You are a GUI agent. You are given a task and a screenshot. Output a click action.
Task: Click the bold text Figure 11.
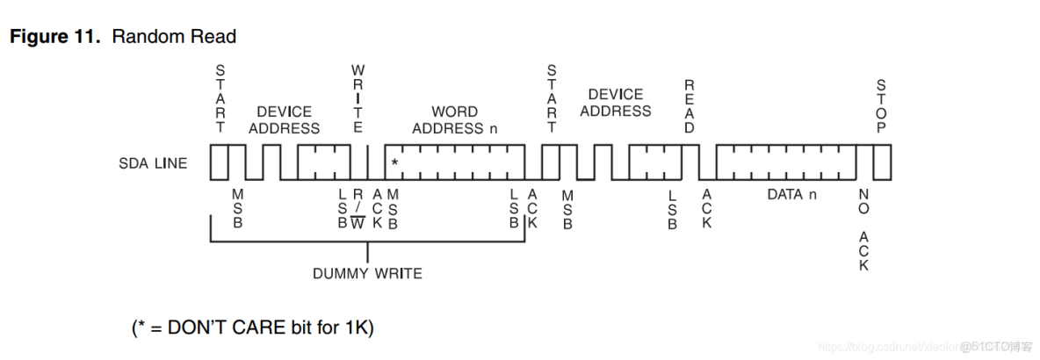[58, 37]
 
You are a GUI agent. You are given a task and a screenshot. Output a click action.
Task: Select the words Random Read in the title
[174, 37]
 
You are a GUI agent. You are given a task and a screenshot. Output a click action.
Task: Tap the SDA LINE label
[153, 163]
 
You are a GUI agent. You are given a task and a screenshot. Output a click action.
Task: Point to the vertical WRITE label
[357, 97]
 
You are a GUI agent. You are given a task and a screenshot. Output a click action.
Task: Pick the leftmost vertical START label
[220, 97]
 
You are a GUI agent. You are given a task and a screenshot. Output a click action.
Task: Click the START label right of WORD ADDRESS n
[552, 97]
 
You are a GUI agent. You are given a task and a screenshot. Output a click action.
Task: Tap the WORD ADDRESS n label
[455, 119]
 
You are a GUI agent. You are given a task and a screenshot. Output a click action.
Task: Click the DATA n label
[791, 194]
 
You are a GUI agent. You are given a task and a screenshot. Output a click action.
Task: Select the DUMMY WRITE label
[367, 273]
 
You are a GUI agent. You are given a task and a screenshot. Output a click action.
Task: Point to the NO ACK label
[863, 229]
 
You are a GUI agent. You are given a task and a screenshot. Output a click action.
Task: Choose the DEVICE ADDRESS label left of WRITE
[284, 119]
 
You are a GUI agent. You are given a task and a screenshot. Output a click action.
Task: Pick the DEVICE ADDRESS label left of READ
[616, 103]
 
